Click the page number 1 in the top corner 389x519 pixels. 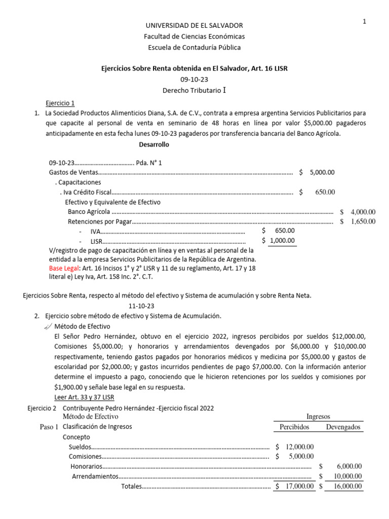(364, 21)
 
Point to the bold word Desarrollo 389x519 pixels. (154, 144)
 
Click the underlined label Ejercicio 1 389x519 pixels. (60, 102)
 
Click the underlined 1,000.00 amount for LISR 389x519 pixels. (282, 241)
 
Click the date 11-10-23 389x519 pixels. (141, 306)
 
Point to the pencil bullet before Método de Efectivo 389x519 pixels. (48, 326)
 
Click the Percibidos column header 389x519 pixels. (294, 427)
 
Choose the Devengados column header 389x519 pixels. (343, 427)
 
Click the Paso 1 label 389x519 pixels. (49, 427)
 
